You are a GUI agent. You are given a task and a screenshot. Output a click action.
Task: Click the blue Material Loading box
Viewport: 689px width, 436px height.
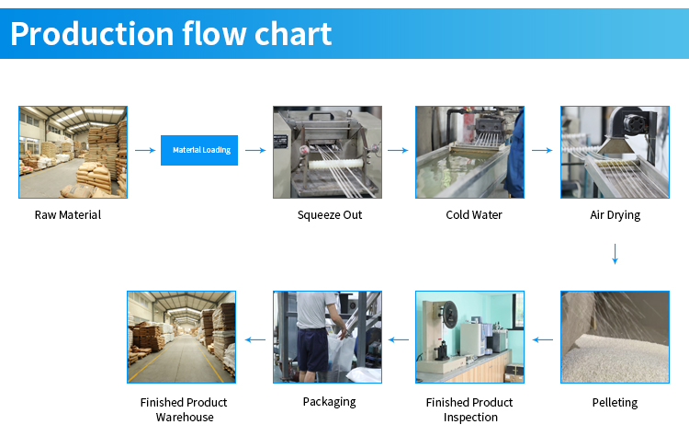[199, 150]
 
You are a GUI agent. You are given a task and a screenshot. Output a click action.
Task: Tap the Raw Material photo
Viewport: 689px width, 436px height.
[73, 152]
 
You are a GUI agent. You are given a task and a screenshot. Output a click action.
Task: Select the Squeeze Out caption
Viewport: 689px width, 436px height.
[330, 215]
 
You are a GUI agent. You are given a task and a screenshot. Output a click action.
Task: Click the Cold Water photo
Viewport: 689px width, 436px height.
[469, 152]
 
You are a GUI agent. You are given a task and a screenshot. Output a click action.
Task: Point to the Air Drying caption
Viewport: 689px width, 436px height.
[615, 215]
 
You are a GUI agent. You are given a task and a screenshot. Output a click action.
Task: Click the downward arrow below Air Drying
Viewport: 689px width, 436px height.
[616, 254]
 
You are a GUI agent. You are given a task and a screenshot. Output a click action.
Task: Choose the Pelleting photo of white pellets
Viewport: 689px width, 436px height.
[615, 337]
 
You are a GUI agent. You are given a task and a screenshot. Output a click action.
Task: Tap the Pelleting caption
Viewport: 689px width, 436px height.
[615, 403]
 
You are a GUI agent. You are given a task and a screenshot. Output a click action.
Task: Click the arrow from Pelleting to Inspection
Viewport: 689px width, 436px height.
[543, 339]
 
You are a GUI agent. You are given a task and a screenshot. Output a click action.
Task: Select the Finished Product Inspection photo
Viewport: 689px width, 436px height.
[469, 337]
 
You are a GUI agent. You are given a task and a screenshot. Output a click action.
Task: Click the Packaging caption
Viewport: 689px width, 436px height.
[329, 402]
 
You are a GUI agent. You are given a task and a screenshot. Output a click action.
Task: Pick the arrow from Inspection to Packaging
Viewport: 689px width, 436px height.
[399, 339]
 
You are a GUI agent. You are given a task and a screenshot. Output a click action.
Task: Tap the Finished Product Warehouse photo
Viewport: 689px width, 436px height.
[182, 337]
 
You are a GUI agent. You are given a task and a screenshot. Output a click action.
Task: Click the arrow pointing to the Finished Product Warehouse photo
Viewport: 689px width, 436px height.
[255, 339]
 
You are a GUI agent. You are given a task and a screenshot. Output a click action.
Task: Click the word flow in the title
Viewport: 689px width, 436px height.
[214, 33]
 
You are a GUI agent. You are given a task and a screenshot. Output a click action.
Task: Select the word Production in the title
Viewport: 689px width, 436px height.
[92, 34]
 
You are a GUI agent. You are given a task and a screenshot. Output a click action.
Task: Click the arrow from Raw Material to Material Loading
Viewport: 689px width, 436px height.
[145, 151]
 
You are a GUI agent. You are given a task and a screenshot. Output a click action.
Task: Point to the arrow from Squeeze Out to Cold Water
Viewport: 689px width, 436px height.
[398, 151]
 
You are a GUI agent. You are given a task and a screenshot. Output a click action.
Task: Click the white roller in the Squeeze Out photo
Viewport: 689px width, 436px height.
[336, 164]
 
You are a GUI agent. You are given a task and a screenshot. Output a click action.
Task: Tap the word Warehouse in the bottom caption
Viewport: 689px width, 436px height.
[185, 417]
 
